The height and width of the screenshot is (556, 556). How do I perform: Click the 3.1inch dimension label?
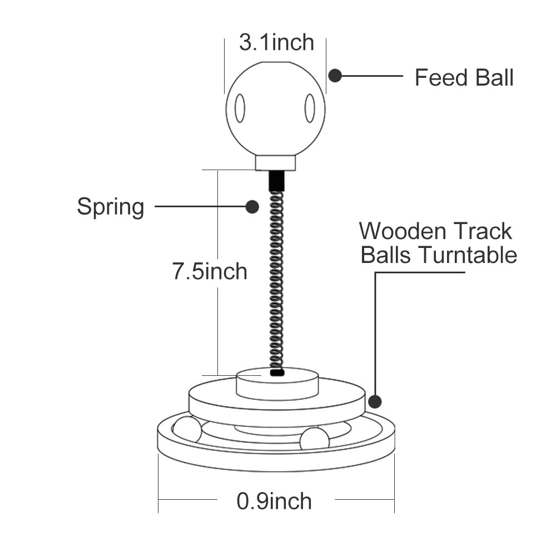tap(276, 43)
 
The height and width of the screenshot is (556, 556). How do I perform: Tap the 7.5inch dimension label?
tap(210, 271)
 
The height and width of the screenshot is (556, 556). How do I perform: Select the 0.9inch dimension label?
tap(274, 501)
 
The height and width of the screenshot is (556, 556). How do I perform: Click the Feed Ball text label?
tap(464, 77)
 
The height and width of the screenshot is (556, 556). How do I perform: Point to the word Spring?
tap(110, 207)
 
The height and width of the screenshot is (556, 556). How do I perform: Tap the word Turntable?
tap(468, 255)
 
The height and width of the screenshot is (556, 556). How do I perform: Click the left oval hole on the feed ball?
tap(240, 108)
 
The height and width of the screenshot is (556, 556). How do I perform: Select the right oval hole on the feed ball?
tap(310, 108)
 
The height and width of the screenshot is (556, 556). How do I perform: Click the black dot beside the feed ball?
tap(335, 76)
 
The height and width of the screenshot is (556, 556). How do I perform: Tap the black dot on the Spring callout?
tap(252, 207)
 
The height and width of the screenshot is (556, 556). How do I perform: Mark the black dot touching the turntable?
tap(375, 401)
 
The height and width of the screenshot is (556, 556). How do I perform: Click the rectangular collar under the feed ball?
tap(275, 162)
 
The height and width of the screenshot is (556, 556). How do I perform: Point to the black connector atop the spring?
tap(276, 181)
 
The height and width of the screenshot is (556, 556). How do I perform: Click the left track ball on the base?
tap(187, 430)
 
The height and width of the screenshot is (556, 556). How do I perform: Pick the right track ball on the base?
tap(314, 439)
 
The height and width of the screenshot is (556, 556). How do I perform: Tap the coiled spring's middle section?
tap(276, 278)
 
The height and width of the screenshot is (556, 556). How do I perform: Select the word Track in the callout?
tap(481, 231)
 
